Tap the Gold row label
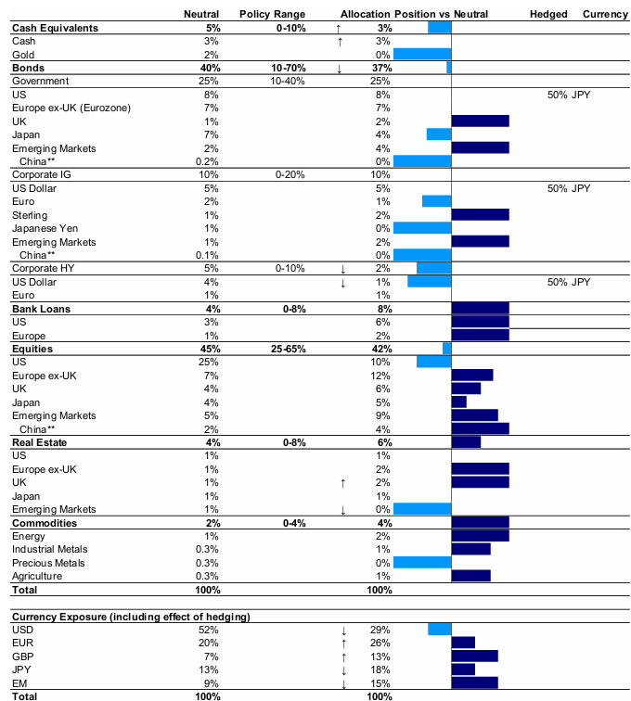click(23, 55)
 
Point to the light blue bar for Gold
click(422, 55)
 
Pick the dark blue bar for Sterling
click(480, 215)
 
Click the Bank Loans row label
click(42, 309)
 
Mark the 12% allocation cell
click(381, 376)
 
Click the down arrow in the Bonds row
click(340, 68)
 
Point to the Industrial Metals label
click(48, 550)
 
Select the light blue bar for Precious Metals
click(422, 563)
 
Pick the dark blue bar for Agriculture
click(470, 576)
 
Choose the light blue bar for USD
click(440, 630)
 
